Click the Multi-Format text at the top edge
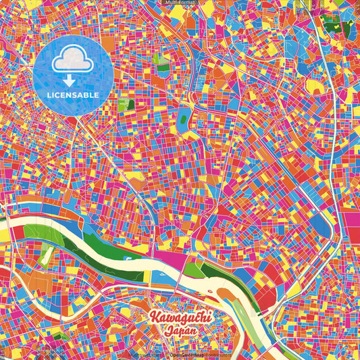click(x=179, y=3)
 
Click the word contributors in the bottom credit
click(x=217, y=355)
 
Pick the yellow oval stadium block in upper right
click(x=316, y=87)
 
